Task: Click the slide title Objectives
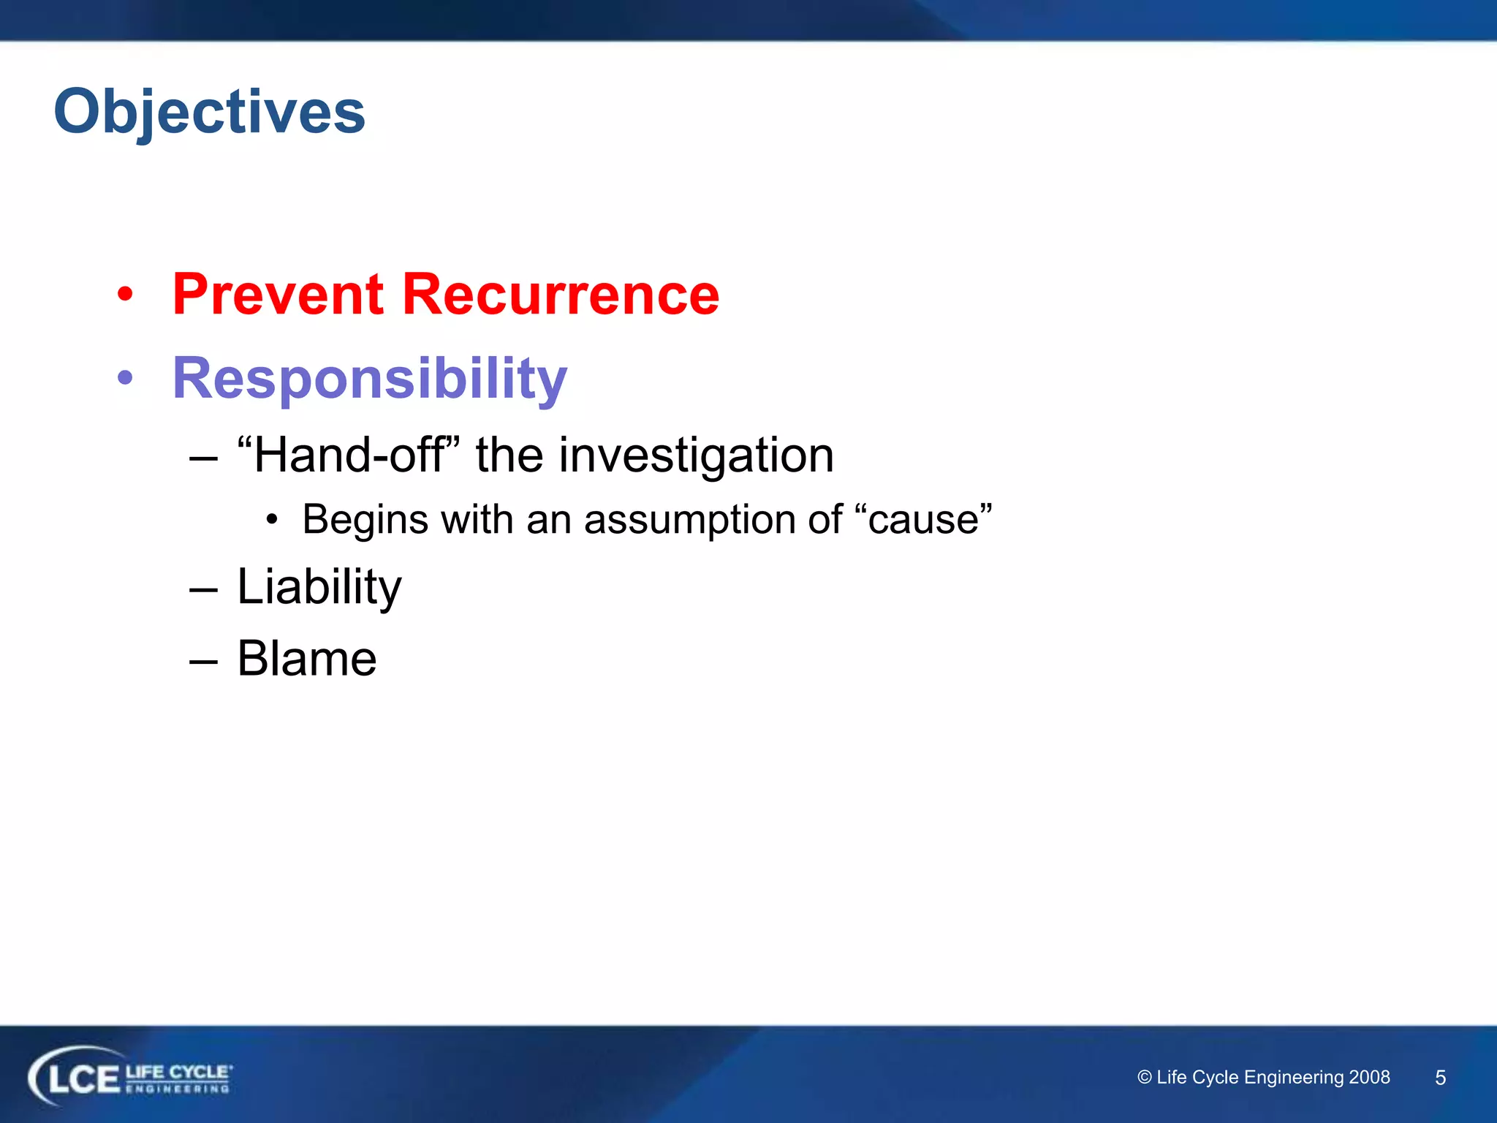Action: [x=209, y=111]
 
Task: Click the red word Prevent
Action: [x=278, y=294]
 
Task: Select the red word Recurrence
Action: [x=561, y=294]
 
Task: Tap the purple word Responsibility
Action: [x=369, y=379]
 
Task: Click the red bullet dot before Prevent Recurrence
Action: [x=126, y=294]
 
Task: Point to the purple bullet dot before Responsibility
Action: [x=126, y=378]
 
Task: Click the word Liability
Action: [x=319, y=587]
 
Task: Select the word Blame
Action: [x=306, y=659]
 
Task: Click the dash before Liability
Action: [x=203, y=589]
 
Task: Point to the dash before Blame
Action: [x=203, y=661]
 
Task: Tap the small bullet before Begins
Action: [x=272, y=520]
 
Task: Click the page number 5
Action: [x=1440, y=1078]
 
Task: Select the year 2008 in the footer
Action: [x=1369, y=1077]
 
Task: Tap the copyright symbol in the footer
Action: [x=1145, y=1077]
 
